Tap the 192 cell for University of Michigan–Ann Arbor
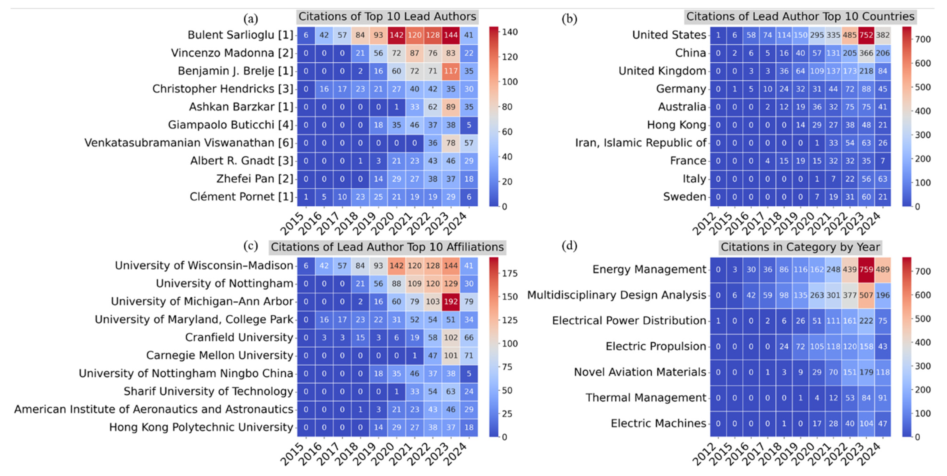(451, 302)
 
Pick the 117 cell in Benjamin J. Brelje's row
(451, 71)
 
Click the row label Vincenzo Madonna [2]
(232, 53)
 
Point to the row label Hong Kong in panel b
(676, 125)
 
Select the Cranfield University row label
(239, 337)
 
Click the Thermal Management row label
(645, 397)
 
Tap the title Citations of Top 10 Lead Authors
(387, 17)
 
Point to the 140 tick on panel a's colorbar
(510, 32)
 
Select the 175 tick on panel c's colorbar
(510, 273)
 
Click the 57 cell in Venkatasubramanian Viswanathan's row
(469, 143)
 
